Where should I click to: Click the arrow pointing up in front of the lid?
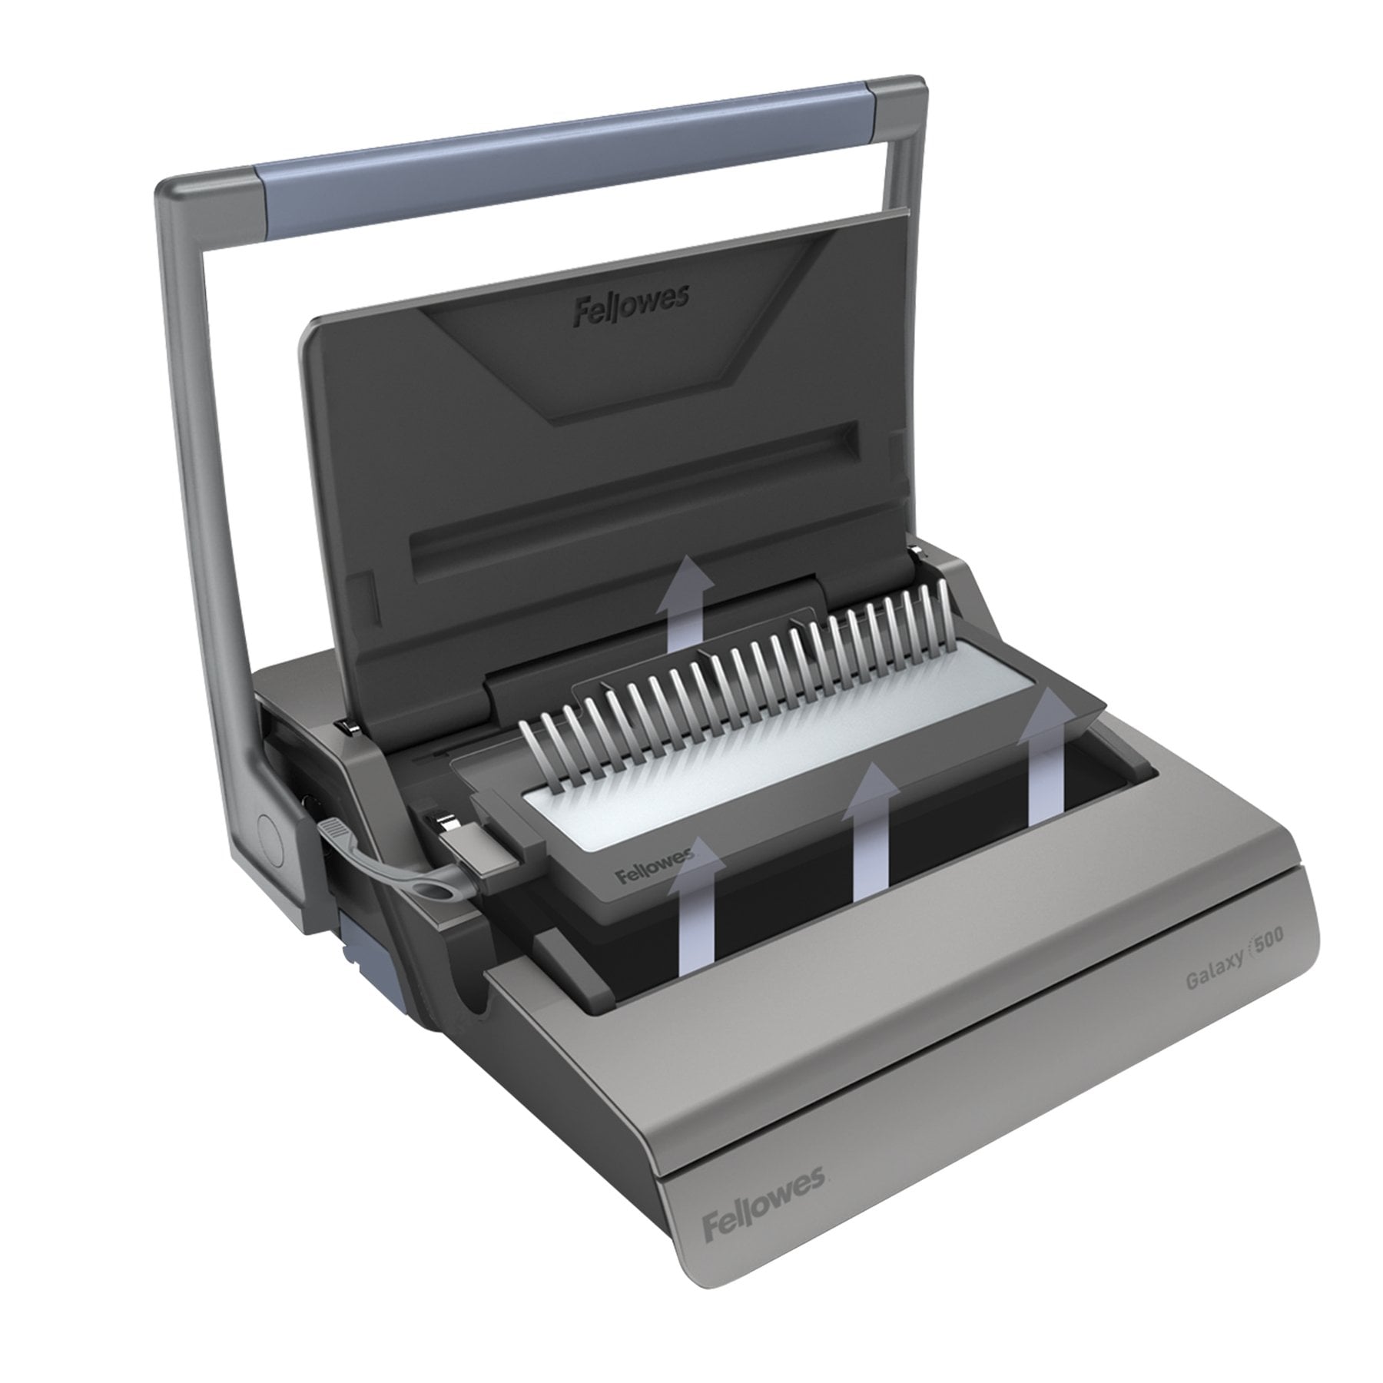[x=686, y=600]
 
